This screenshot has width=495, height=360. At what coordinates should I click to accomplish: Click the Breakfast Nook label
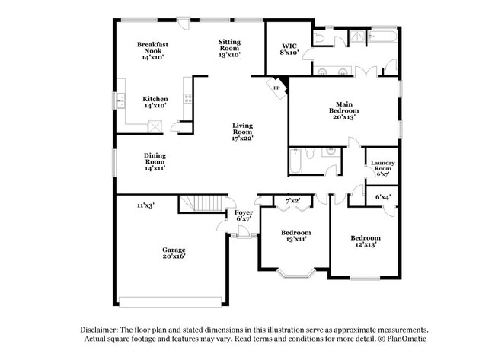click(x=152, y=50)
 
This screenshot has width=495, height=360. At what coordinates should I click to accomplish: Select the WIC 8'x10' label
click(x=289, y=49)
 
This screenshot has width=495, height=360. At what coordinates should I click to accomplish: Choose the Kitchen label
click(x=155, y=102)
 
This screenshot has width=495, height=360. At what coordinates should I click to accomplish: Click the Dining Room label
click(x=155, y=161)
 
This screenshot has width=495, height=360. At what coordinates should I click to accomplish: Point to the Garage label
click(x=173, y=253)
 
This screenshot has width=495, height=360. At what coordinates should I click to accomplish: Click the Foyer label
click(x=243, y=215)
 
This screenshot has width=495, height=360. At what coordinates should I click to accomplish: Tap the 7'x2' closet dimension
click(x=292, y=201)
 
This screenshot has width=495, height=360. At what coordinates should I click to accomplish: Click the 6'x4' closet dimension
click(x=383, y=197)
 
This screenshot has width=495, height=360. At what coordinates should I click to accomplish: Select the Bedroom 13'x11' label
click(x=295, y=235)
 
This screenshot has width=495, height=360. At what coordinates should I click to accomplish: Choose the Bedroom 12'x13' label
click(x=365, y=241)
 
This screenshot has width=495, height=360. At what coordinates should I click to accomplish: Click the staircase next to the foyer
click(x=204, y=203)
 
